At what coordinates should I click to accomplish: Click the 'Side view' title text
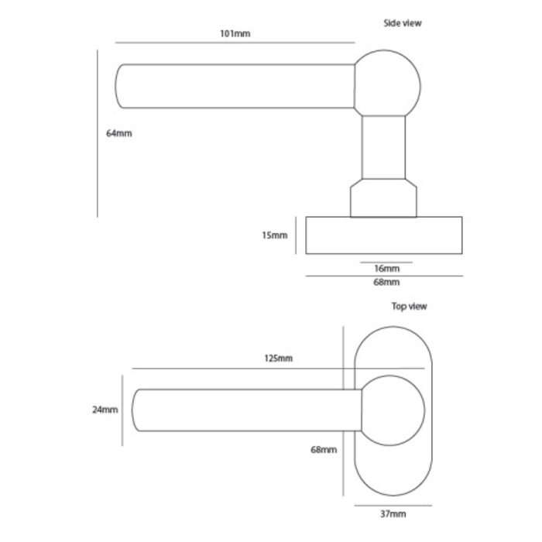click(403, 23)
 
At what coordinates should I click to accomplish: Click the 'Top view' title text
click(409, 306)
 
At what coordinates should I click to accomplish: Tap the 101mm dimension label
click(236, 34)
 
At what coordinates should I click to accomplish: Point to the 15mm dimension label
click(275, 235)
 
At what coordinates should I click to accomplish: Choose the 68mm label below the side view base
click(386, 283)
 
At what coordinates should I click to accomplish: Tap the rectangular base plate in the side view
click(386, 235)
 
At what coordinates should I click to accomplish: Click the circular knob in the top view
click(392, 410)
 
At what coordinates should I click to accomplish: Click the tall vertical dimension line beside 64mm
click(98, 133)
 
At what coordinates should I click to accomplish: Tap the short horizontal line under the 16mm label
click(386, 262)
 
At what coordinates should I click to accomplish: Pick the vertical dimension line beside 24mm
click(122, 410)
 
